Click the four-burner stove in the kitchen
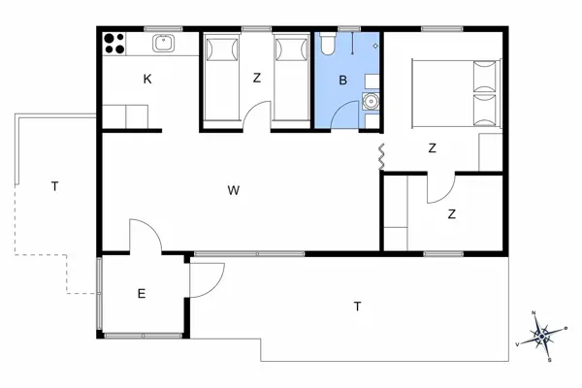pyautogui.click(x=114, y=44)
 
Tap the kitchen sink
pyautogui.click(x=163, y=44)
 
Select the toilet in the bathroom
pyautogui.click(x=328, y=44)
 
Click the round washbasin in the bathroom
pyautogui.click(x=371, y=101)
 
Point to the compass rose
pyautogui.click(x=542, y=336)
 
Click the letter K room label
pyautogui.click(x=147, y=80)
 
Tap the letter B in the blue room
pyautogui.click(x=343, y=80)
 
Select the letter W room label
pyautogui.click(x=234, y=190)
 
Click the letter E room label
pyautogui.click(x=142, y=294)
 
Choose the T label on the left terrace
pyautogui.click(x=55, y=186)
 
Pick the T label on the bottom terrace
pyautogui.click(x=357, y=307)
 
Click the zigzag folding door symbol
pyautogui.click(x=381, y=157)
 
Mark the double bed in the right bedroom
pyautogui.click(x=457, y=94)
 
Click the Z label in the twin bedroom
pyautogui.click(x=257, y=78)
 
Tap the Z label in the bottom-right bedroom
pyautogui.click(x=452, y=214)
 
